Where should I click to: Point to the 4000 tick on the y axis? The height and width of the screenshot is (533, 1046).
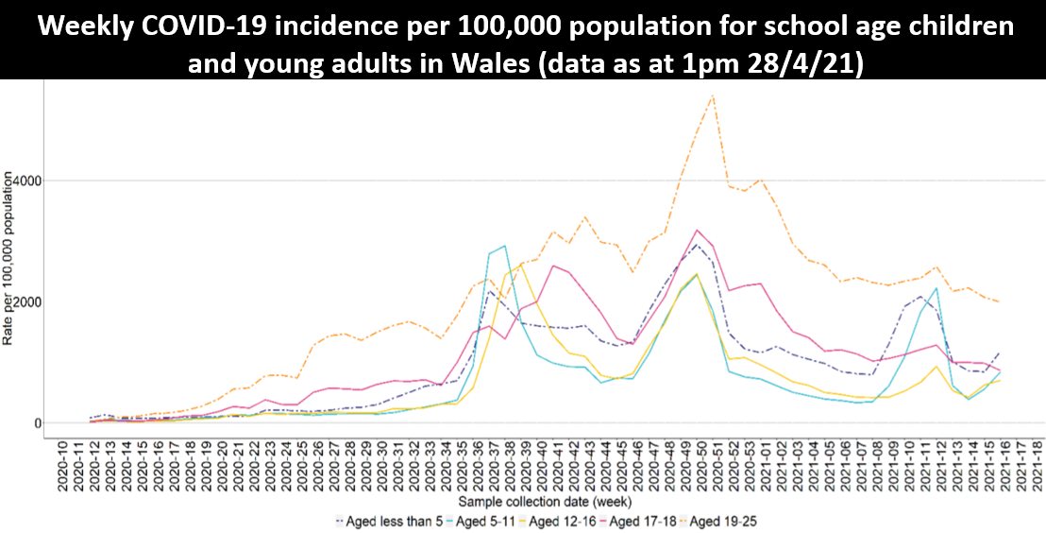click(28, 180)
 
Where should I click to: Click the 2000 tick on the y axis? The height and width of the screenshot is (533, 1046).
click(28, 301)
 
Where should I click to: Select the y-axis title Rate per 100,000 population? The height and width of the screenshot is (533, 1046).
click(8, 257)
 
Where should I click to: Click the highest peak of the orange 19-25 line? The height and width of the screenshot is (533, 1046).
click(712, 95)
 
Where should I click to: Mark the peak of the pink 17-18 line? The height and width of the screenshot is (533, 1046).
click(697, 230)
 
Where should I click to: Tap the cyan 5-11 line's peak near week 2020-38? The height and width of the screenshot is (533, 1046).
click(504, 246)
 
